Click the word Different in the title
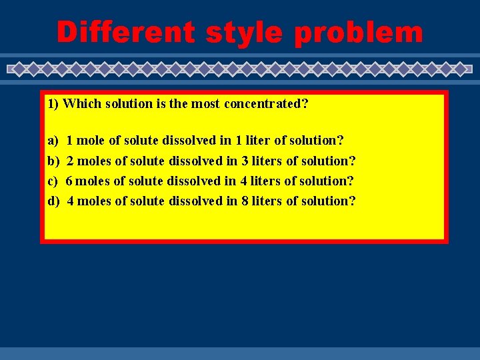[x=125, y=31]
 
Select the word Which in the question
[x=79, y=104]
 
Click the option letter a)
[x=53, y=141]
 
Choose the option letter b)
[x=53, y=161]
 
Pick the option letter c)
[x=53, y=181]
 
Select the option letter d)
[x=53, y=201]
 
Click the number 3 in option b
[x=245, y=161]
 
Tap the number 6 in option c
[x=70, y=181]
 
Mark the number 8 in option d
[x=245, y=201]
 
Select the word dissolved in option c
[x=193, y=181]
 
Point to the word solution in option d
[x=329, y=201]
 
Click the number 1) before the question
[x=53, y=104]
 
